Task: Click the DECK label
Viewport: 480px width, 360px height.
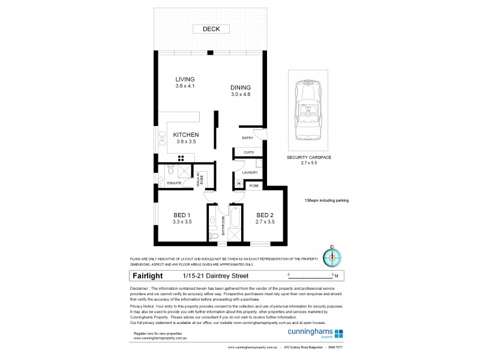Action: point(211,29)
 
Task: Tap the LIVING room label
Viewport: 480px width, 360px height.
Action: point(185,80)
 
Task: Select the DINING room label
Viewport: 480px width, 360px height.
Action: point(241,88)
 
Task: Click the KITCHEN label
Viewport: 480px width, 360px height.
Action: point(185,135)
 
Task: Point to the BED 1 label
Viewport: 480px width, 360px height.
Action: point(182,215)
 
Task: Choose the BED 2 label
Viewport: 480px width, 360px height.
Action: point(265,215)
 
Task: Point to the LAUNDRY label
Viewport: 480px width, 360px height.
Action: point(250,173)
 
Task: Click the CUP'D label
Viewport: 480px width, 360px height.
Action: point(248,153)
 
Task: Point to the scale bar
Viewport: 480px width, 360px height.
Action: point(312,275)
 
